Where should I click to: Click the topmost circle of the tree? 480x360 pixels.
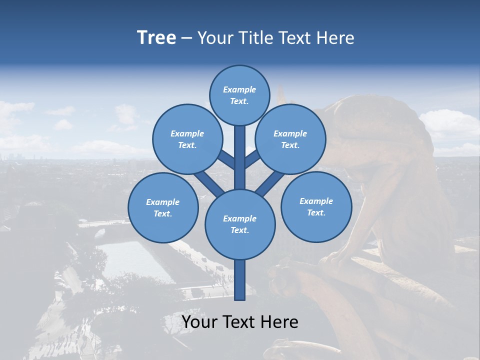coord(239,95)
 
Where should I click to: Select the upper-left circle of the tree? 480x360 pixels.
coord(187,139)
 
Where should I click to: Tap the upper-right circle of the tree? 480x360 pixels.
coord(290,139)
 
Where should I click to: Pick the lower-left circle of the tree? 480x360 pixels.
coord(163,207)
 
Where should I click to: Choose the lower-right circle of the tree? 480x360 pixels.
coord(316,206)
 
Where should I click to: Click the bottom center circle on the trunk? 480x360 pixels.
coord(240,224)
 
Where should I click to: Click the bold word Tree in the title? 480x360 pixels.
coord(156,37)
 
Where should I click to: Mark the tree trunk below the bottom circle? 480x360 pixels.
coord(240,280)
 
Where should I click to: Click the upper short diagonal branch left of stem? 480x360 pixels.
coord(226,159)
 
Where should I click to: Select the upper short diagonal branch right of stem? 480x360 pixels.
coord(253,159)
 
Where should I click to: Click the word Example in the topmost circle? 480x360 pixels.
coord(239,89)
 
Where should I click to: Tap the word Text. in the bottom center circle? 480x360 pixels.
coord(239,230)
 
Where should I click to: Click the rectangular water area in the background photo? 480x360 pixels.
coord(135,260)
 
